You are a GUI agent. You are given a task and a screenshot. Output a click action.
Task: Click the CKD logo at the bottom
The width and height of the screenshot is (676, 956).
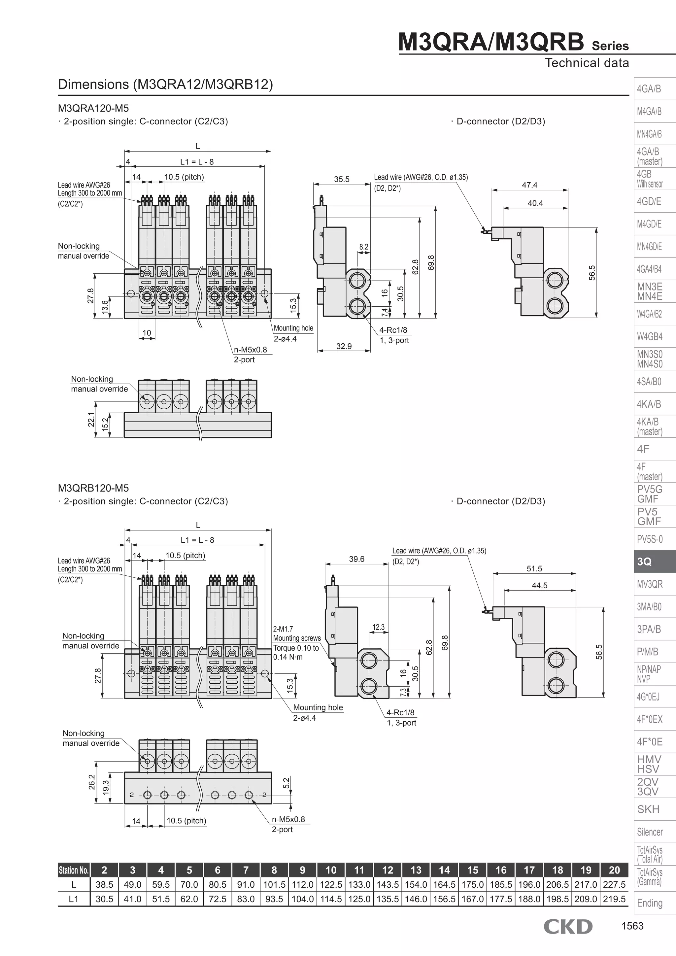coord(568,926)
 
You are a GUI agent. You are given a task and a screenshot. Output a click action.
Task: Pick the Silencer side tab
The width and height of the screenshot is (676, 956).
coord(649,832)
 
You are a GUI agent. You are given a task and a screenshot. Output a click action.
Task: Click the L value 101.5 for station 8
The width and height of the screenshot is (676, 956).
coord(274,884)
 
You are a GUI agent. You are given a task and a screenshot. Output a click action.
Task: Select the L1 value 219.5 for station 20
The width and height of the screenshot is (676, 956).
coord(614,899)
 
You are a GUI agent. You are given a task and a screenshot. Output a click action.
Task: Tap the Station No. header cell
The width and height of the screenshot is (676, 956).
coord(74,870)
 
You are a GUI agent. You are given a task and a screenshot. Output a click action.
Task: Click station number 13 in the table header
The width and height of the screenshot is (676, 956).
coord(416,870)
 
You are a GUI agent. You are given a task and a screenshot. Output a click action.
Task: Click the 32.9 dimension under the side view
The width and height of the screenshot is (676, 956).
coord(344,346)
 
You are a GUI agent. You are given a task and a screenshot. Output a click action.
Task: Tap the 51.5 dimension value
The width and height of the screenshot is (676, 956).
coord(534,569)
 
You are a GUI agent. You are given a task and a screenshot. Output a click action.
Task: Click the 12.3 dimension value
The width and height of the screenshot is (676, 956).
coord(378,627)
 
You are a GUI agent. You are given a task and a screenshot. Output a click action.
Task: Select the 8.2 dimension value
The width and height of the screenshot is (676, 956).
coord(364,247)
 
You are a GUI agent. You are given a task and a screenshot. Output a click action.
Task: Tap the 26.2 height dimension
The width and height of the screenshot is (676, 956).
coord(92,782)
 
